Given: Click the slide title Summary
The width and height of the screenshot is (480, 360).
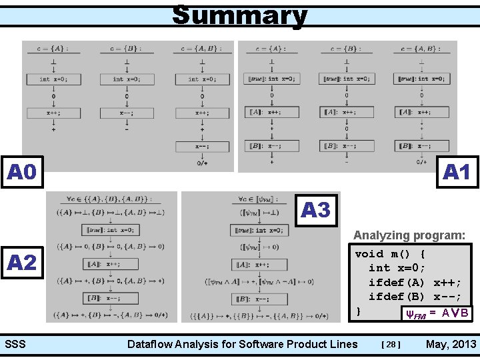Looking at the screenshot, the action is (x=239, y=15).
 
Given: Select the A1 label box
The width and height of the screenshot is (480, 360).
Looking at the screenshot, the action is (x=457, y=172).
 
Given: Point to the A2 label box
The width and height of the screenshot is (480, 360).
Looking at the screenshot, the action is (x=23, y=262).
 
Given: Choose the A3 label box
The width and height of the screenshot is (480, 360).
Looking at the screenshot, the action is (x=316, y=210).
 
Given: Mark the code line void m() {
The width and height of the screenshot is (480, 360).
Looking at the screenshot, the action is (x=391, y=254).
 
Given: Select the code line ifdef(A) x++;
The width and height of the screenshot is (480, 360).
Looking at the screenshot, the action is (x=415, y=283).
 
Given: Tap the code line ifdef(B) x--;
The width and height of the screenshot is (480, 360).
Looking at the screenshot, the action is (x=415, y=297).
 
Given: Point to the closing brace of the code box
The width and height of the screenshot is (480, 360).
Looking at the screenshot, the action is (x=359, y=311).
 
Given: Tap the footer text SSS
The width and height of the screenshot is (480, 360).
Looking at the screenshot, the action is (x=15, y=344).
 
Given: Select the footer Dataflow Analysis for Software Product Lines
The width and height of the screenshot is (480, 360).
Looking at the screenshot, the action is (x=242, y=344).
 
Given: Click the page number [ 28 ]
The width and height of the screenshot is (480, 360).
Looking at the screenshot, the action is (x=391, y=345).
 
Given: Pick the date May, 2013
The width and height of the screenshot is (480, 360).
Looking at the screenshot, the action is (x=451, y=344).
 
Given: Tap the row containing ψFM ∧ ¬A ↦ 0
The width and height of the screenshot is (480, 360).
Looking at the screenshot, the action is (x=259, y=281).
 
